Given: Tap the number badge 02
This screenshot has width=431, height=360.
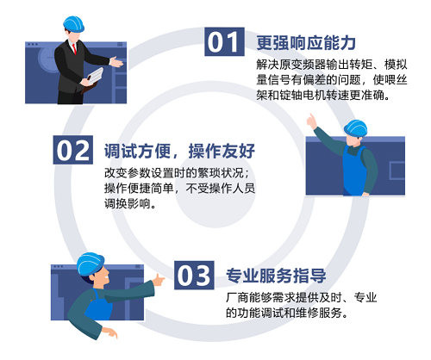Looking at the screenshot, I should (x=72, y=150).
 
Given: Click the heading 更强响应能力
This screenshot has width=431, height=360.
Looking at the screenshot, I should (x=306, y=41).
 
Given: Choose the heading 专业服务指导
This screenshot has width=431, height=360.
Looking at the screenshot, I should (x=275, y=276).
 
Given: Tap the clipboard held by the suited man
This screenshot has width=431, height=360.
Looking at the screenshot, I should (x=93, y=78).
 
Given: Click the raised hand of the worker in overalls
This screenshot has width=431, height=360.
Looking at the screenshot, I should (x=315, y=124).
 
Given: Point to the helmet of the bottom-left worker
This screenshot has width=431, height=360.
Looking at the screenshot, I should (x=91, y=264).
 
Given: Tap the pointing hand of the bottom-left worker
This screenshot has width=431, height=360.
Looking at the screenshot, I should (x=160, y=280).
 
